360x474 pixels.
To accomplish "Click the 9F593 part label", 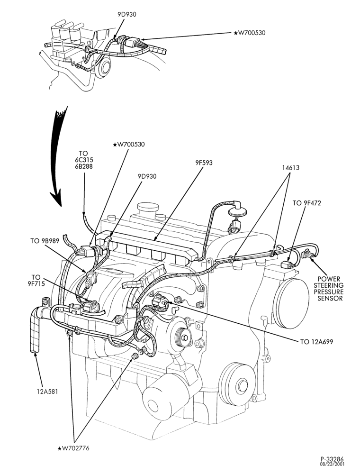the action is [x=204, y=163].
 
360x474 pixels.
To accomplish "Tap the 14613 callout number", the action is [x=290, y=167].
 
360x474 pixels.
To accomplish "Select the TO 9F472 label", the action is [x=306, y=203].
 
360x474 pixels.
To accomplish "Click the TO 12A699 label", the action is [x=317, y=342].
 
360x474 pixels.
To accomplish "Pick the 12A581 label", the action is [x=45, y=392].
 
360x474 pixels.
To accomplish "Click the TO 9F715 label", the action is [x=36, y=280].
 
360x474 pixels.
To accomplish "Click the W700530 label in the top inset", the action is [x=250, y=33].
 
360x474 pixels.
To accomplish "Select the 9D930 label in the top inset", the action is [x=127, y=14].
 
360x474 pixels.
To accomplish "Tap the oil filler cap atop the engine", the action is [x=148, y=209].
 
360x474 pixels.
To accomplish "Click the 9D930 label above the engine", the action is [x=147, y=176].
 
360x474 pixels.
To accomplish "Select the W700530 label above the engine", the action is [x=129, y=145].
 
